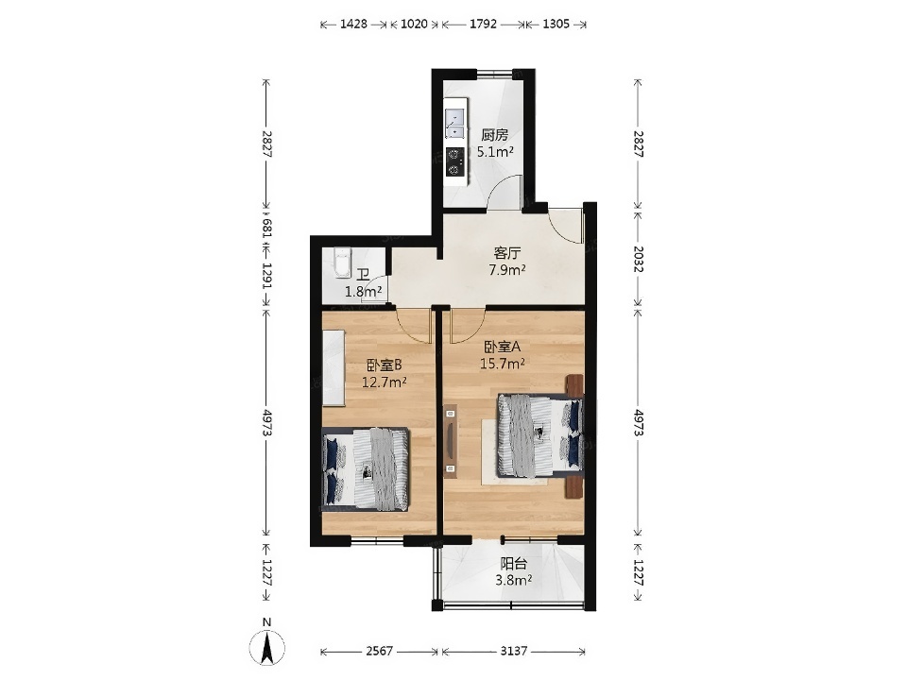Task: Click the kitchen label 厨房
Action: [x=494, y=135]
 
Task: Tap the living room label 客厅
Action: [x=507, y=253]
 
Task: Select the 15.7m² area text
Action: [x=503, y=364]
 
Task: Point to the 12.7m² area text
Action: [x=385, y=382]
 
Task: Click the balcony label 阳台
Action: [x=514, y=563]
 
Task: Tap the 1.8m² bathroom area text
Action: [x=363, y=292]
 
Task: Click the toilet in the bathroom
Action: [x=342, y=263]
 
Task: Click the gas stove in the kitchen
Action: [x=455, y=161]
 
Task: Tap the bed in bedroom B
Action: [x=366, y=469]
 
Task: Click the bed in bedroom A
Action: [x=540, y=434]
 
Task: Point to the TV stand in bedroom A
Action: [x=450, y=441]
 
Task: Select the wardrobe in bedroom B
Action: [x=334, y=367]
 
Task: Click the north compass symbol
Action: [x=266, y=647]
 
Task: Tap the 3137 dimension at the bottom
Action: [x=514, y=652]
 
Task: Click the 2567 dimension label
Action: [x=380, y=652]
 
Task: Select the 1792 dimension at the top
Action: [x=483, y=25]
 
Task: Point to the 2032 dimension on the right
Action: [x=638, y=259]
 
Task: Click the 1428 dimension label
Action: [x=353, y=25]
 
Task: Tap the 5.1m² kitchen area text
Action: [x=496, y=152]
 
